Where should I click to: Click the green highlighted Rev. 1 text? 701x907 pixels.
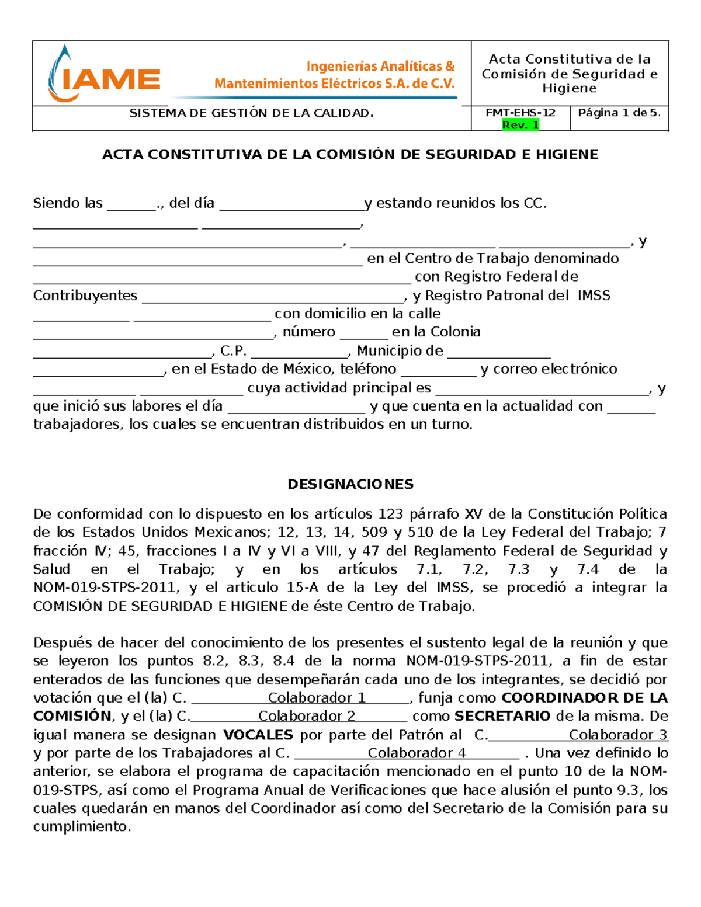520,125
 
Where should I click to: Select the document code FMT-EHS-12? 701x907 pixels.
520,113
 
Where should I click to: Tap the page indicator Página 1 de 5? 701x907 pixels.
619,113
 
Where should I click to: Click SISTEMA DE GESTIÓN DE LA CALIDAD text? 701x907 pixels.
251,113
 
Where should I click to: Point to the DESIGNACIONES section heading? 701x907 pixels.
350,484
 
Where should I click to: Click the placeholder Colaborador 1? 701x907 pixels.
317,698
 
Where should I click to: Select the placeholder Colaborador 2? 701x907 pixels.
307,716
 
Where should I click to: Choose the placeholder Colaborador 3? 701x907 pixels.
618,735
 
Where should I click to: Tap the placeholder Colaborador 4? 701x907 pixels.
417,753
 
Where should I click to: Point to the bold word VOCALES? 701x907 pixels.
258,735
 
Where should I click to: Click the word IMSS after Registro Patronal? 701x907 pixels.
594,296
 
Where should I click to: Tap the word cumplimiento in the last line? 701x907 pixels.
81,827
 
